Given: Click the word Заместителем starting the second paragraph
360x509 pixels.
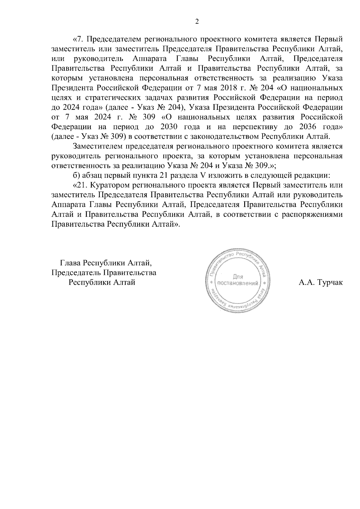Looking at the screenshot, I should [x=97, y=146].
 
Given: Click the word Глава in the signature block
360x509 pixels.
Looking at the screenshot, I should [x=70, y=263].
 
